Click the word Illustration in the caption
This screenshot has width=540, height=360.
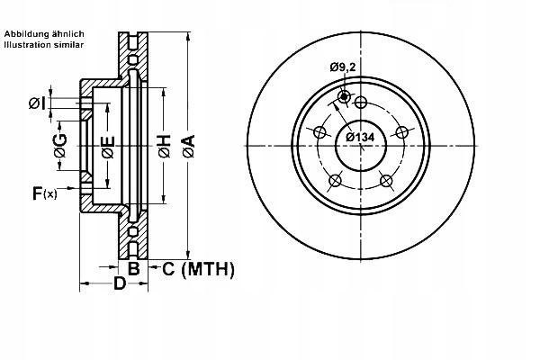[x=25, y=43]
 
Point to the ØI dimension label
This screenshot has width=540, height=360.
[x=36, y=102]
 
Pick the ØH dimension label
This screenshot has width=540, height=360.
[x=165, y=146]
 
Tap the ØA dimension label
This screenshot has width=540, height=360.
[x=188, y=146]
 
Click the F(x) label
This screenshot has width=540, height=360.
[x=44, y=192]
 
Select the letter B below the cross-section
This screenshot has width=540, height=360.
[x=132, y=268]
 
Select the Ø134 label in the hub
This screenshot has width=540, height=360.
[x=360, y=138]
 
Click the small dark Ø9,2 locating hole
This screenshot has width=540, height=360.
[x=343, y=97]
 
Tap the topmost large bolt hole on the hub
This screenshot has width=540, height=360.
[x=361, y=101]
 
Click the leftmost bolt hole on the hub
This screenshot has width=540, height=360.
[x=319, y=132]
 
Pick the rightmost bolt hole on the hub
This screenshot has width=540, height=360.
[x=402, y=132]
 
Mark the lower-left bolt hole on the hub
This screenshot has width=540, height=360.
[x=335, y=182]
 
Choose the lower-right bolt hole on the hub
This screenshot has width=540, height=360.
[x=387, y=182]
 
